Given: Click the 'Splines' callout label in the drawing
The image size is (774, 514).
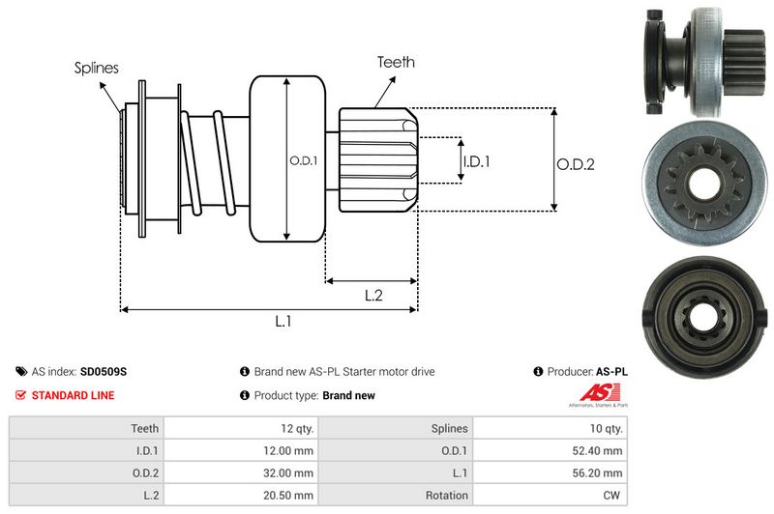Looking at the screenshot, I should click(x=97, y=68).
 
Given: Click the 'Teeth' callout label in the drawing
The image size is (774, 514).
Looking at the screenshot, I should click(x=396, y=62).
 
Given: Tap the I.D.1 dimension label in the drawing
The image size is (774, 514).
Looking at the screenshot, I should click(x=476, y=162).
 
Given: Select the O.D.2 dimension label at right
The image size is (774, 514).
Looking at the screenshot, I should click(x=575, y=164).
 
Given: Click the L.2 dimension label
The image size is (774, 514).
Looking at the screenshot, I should click(x=374, y=297).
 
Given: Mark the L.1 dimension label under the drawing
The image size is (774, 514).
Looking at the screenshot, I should click(x=283, y=322).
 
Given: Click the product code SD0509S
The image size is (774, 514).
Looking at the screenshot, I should click(x=104, y=371).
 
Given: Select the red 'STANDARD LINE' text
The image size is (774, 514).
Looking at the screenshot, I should click(x=73, y=395).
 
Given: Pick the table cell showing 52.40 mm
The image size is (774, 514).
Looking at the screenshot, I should click(x=600, y=449).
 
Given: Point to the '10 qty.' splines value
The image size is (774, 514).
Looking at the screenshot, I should click(x=604, y=428).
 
